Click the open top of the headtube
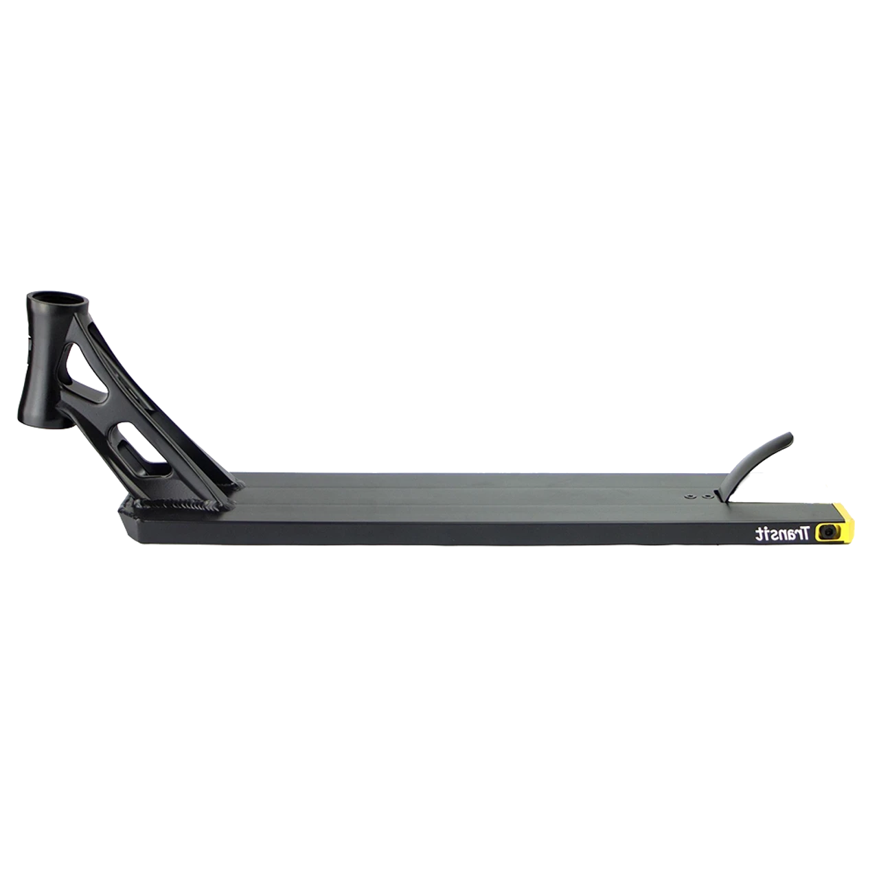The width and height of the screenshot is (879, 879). coord(58,300)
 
